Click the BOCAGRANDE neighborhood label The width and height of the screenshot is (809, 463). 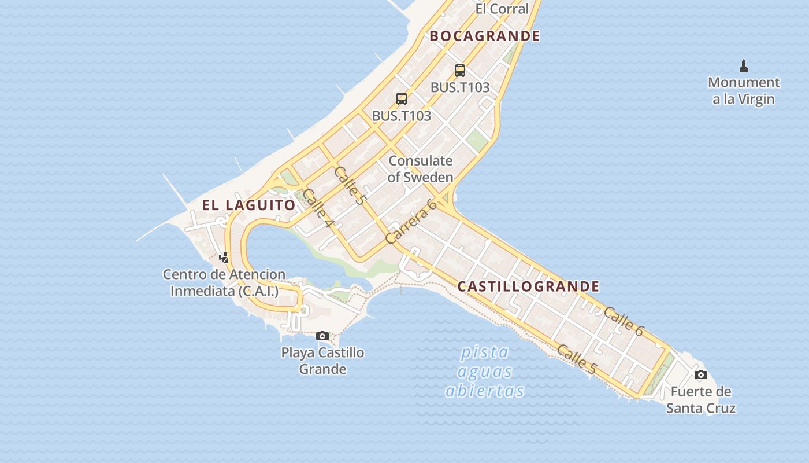(485, 36)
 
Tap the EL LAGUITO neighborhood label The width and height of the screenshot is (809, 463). (248, 205)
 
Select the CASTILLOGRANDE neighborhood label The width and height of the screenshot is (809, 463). (528, 286)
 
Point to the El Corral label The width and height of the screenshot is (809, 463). (502, 9)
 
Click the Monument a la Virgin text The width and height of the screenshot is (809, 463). (744, 91)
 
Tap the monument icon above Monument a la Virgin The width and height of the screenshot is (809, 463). (744, 65)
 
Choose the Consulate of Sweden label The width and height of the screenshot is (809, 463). (420, 169)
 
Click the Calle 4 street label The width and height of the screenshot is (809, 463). (318, 208)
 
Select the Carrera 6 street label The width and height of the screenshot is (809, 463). (410, 221)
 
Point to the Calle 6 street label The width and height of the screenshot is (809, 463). (623, 321)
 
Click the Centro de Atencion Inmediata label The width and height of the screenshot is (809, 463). (224, 282)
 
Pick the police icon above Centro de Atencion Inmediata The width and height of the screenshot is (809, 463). (224, 257)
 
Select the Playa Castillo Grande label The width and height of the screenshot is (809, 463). (322, 361)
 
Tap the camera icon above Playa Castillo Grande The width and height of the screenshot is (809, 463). (322, 336)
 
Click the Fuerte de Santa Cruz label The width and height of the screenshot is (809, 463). (701, 400)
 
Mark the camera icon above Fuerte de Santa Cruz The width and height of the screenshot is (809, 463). (701, 374)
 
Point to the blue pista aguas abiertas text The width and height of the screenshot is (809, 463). (485, 371)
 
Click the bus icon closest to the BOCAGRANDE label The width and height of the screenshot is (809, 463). (460, 71)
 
